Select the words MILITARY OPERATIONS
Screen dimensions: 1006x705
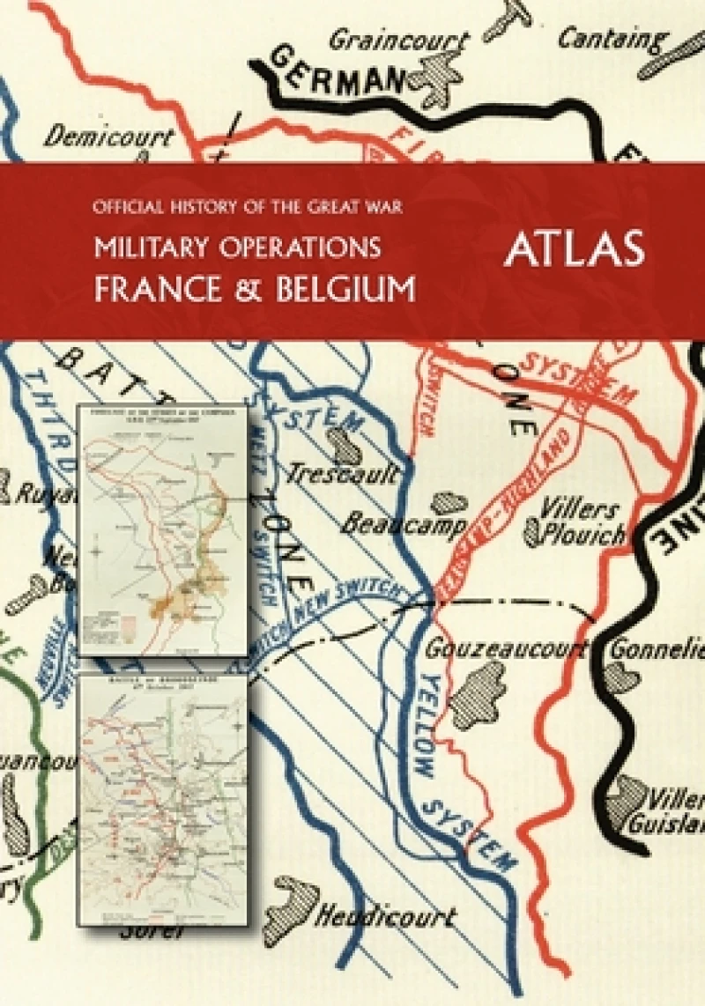point(238,248)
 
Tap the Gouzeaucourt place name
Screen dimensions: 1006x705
point(506,649)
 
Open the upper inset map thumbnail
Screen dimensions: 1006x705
point(162,529)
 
